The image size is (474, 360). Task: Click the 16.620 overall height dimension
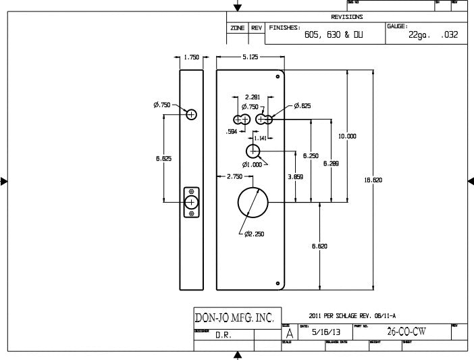373,180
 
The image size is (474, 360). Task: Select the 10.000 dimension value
347,136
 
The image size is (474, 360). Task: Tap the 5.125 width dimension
250,57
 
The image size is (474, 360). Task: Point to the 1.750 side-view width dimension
192,57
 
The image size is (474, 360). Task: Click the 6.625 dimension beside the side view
163,159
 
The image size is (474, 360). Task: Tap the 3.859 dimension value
295,176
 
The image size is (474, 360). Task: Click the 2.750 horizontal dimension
234,176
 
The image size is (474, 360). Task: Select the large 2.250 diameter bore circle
253,202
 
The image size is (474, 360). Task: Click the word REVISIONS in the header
347,17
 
